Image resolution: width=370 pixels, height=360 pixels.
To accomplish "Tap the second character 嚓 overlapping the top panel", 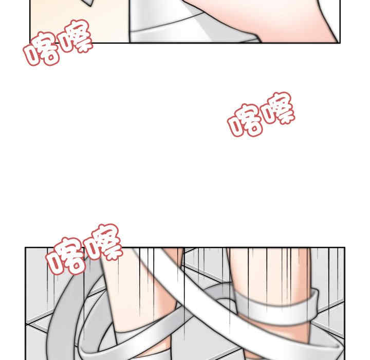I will point(75,39).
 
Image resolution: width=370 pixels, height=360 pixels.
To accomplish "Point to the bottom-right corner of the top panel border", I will point(339,43).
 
